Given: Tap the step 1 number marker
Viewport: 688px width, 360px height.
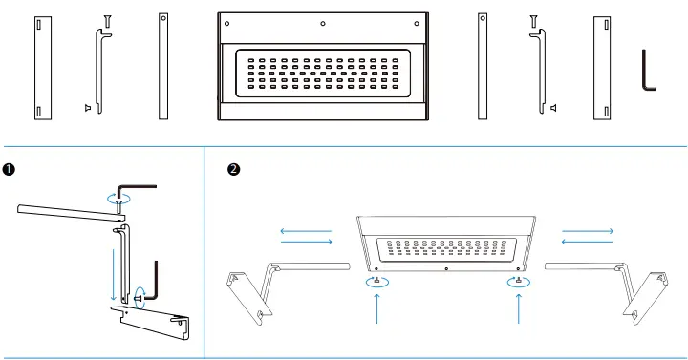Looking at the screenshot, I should click(x=10, y=170).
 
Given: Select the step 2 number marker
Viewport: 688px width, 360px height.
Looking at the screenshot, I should click(x=233, y=170).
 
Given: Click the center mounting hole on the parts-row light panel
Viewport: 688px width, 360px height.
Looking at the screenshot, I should click(x=322, y=23).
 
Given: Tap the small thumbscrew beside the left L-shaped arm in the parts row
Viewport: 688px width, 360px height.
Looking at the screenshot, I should click(x=88, y=109).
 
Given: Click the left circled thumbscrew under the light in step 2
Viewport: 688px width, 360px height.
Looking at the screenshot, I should click(x=378, y=281).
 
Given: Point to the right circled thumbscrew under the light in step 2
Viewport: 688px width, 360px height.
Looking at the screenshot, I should click(x=518, y=281).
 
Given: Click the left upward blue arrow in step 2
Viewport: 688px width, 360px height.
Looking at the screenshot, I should click(x=378, y=308).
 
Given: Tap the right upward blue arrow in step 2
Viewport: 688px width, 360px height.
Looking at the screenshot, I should click(x=518, y=308).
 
